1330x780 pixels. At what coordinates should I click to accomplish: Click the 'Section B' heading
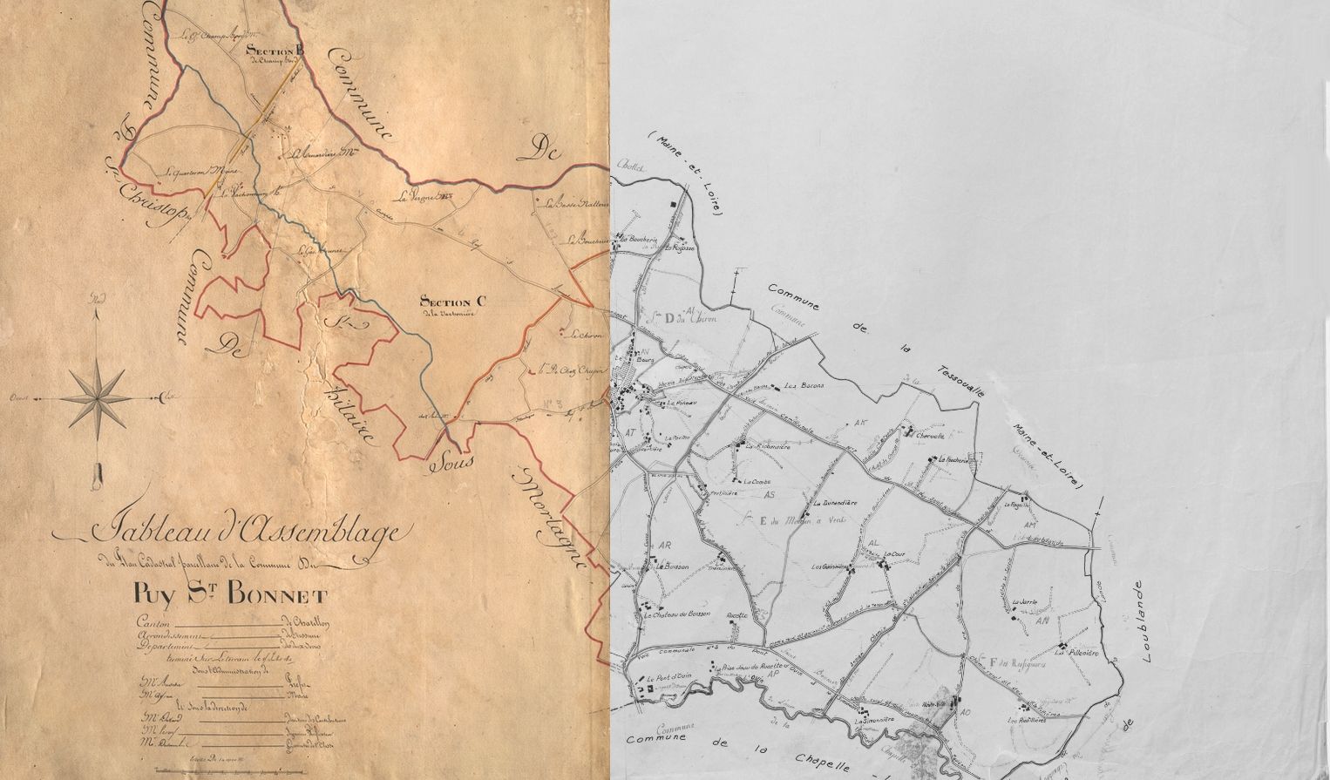pos(275,50)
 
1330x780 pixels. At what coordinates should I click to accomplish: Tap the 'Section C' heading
pos(453,302)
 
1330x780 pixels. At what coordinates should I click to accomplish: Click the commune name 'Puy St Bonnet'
pos(231,595)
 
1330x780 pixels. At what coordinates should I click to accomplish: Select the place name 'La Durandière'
pos(834,503)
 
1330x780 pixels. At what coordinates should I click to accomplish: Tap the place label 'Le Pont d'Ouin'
pos(662,679)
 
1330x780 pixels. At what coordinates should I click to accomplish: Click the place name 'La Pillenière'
pos(1076,652)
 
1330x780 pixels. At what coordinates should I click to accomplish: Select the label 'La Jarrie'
pos(1025,601)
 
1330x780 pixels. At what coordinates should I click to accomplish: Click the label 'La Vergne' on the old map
pos(417,195)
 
